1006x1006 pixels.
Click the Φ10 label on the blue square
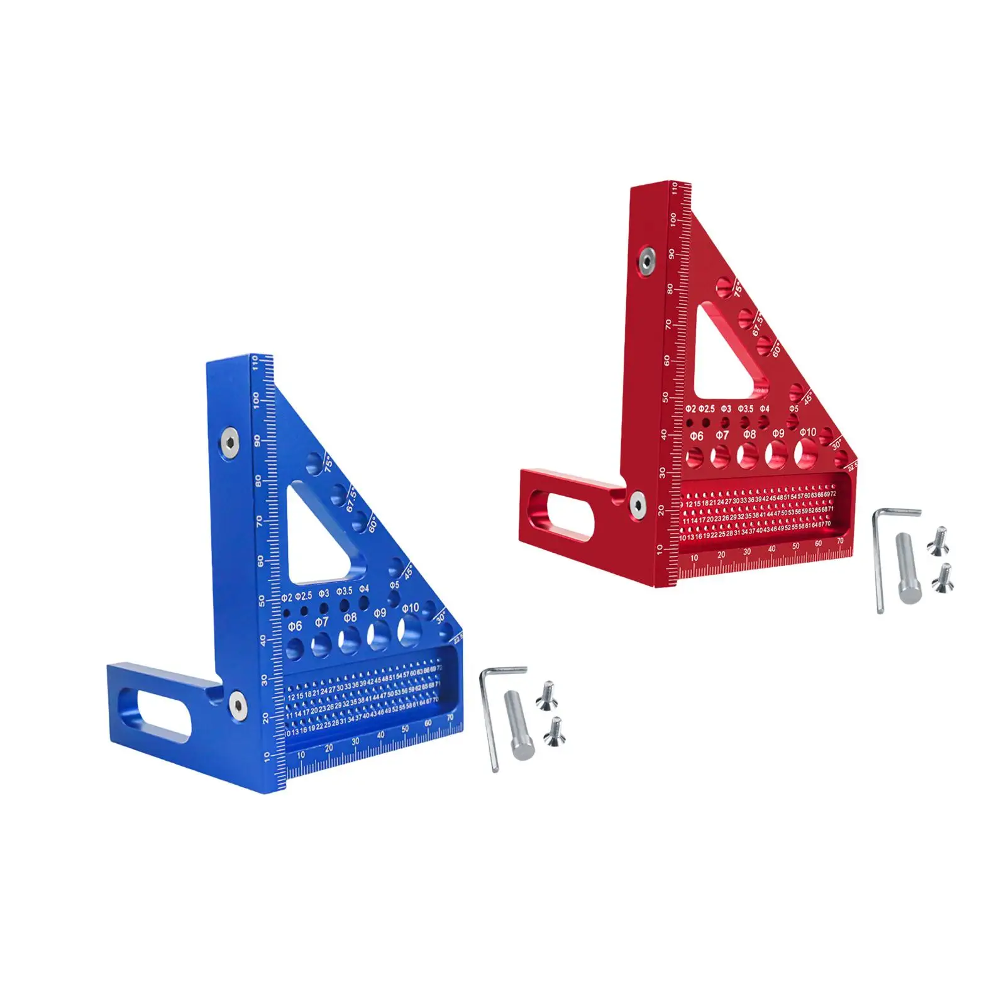410,607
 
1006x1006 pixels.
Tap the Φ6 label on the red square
696,436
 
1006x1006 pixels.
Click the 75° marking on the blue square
328,465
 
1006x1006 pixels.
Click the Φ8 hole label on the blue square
350,617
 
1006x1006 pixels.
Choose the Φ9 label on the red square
778,433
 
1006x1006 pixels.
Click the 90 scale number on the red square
672,254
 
